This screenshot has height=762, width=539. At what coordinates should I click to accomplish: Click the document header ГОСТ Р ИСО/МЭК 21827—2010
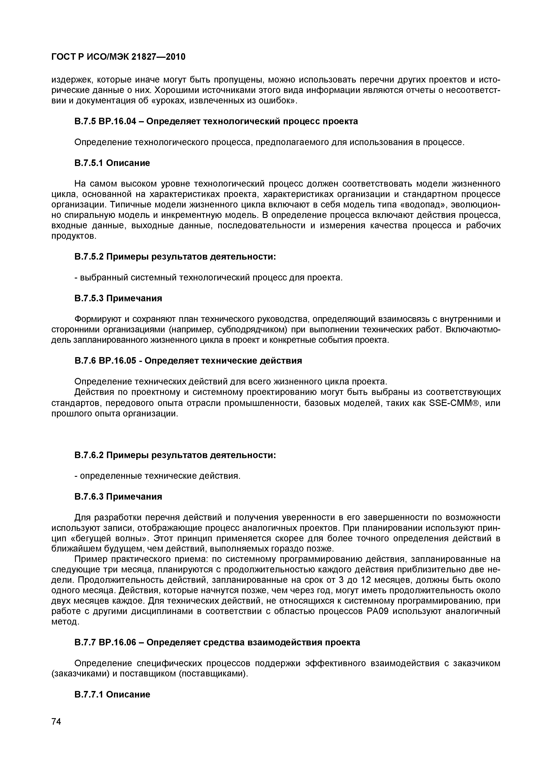[x=118, y=57]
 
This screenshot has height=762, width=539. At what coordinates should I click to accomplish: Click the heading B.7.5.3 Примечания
[x=118, y=298]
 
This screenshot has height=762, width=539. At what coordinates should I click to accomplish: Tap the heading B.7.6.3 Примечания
[x=118, y=497]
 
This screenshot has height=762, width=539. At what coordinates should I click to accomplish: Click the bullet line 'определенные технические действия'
[x=157, y=476]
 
